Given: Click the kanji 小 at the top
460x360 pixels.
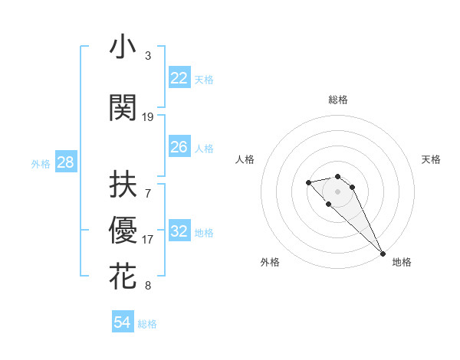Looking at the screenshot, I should pyautogui.click(x=123, y=47).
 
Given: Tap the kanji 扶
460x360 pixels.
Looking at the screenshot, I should pyautogui.click(x=123, y=185).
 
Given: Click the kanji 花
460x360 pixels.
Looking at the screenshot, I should pyautogui.click(x=123, y=277).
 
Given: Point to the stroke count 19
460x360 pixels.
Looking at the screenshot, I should pyautogui.click(x=148, y=116).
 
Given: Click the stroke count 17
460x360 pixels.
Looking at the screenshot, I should pyautogui.click(x=148, y=240).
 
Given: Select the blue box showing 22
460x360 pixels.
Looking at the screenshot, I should pyautogui.click(x=179, y=77).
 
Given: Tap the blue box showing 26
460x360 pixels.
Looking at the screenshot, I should pyautogui.click(x=179, y=147).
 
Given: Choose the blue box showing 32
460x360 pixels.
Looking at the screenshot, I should pyautogui.click(x=179, y=232).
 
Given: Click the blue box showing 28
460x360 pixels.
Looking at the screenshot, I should pyautogui.click(x=65, y=162).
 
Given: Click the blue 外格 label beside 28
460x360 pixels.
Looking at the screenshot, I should pyautogui.click(x=41, y=163).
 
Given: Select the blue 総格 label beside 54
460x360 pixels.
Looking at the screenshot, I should pyautogui.click(x=147, y=324).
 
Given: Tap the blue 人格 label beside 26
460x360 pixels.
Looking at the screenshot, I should pyautogui.click(x=204, y=148).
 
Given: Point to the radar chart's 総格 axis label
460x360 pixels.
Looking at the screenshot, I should pyautogui.click(x=338, y=100).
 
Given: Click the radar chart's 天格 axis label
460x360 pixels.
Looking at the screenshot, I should pyautogui.click(x=431, y=159).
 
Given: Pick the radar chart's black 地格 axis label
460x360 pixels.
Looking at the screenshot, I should pyautogui.click(x=402, y=262).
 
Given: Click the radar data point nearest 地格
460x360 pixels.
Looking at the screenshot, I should pyautogui.click(x=382, y=254).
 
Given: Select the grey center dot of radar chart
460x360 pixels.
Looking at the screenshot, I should pyautogui.click(x=338, y=191).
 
